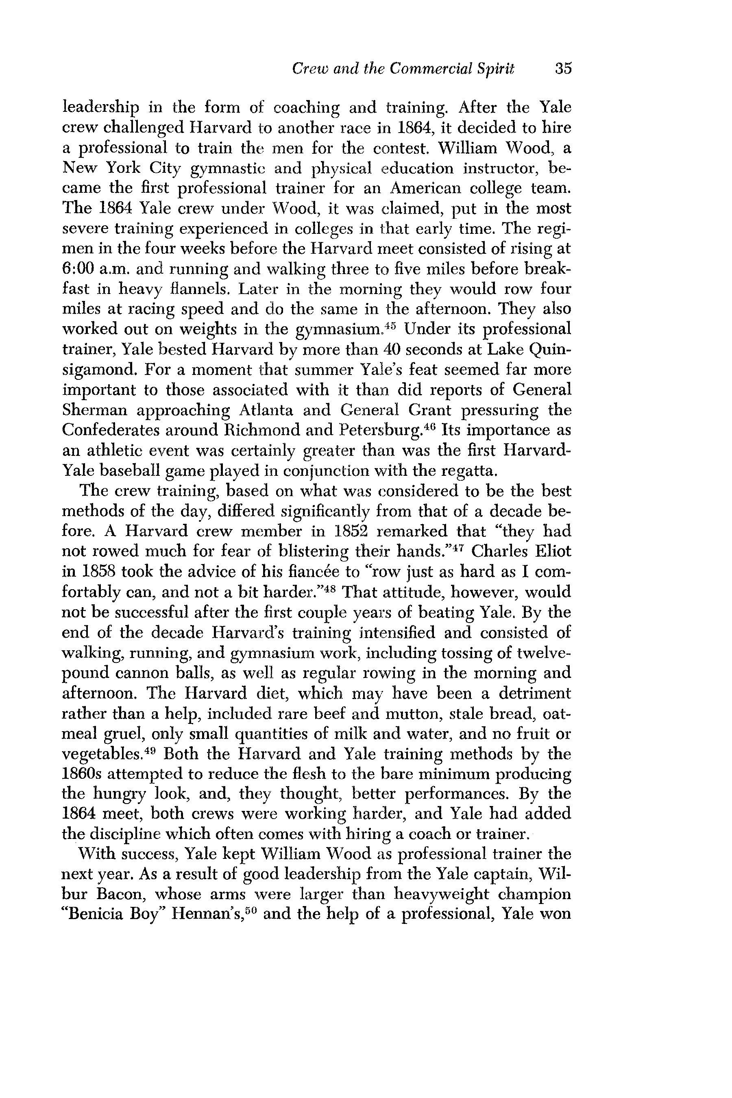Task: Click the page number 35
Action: tap(563, 69)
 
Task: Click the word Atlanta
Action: tap(266, 410)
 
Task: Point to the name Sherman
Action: tap(95, 410)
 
